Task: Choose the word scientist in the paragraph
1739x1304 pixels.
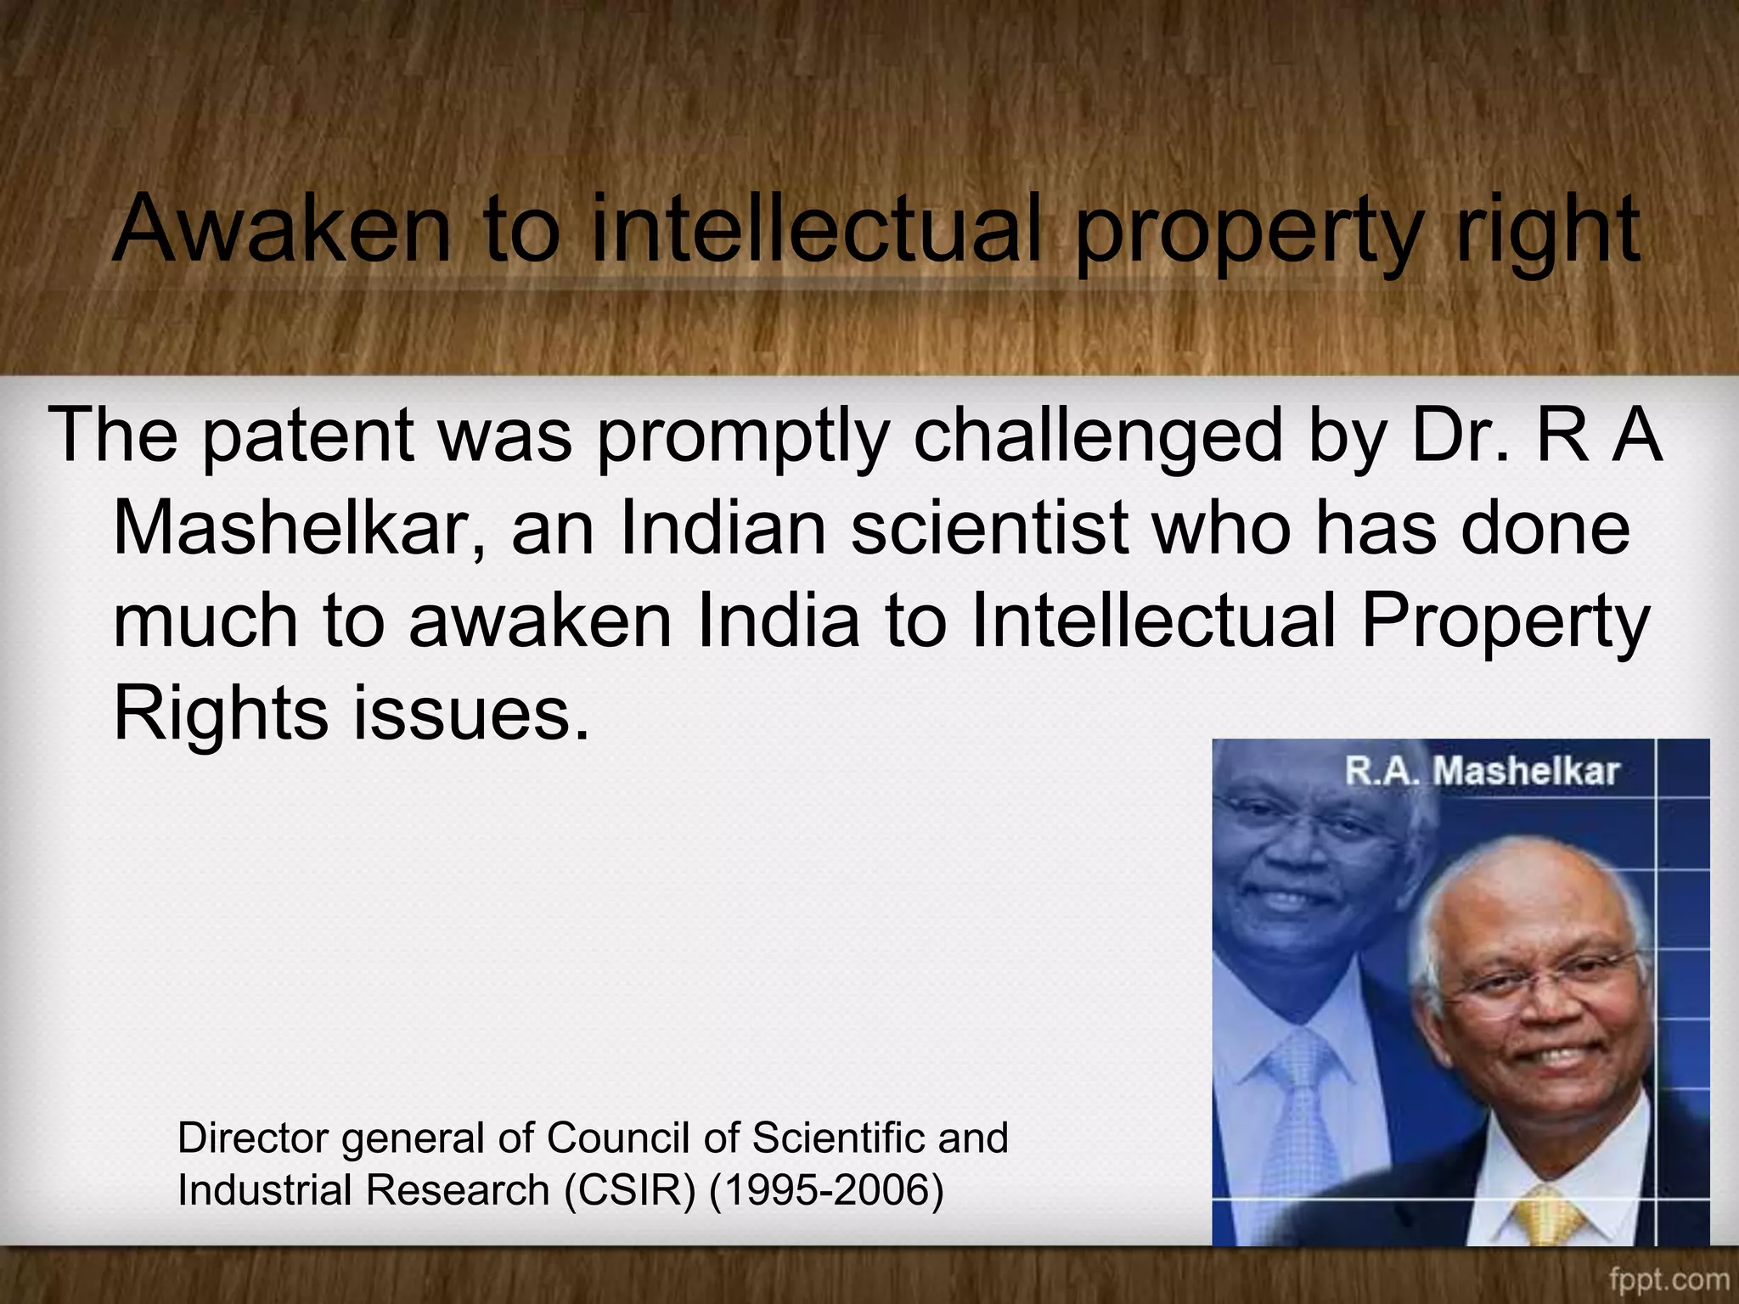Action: point(990,527)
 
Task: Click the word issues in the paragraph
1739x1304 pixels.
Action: point(470,712)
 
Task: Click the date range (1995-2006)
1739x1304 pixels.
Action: point(825,1189)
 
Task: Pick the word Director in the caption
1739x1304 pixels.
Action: point(252,1138)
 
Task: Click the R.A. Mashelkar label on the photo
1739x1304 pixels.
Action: point(1483,771)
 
